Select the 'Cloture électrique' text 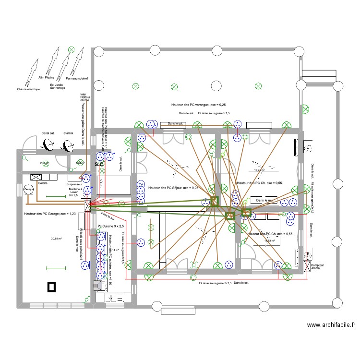coord(28,89)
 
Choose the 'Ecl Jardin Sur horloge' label coord(58,86)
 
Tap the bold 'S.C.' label coord(99,165)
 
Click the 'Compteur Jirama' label coord(317,267)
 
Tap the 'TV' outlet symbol coord(141,184)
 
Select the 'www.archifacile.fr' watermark coord(331,325)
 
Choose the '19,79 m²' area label coord(259,170)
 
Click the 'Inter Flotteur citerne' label coord(84,97)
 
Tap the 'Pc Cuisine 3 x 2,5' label coord(111,226)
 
